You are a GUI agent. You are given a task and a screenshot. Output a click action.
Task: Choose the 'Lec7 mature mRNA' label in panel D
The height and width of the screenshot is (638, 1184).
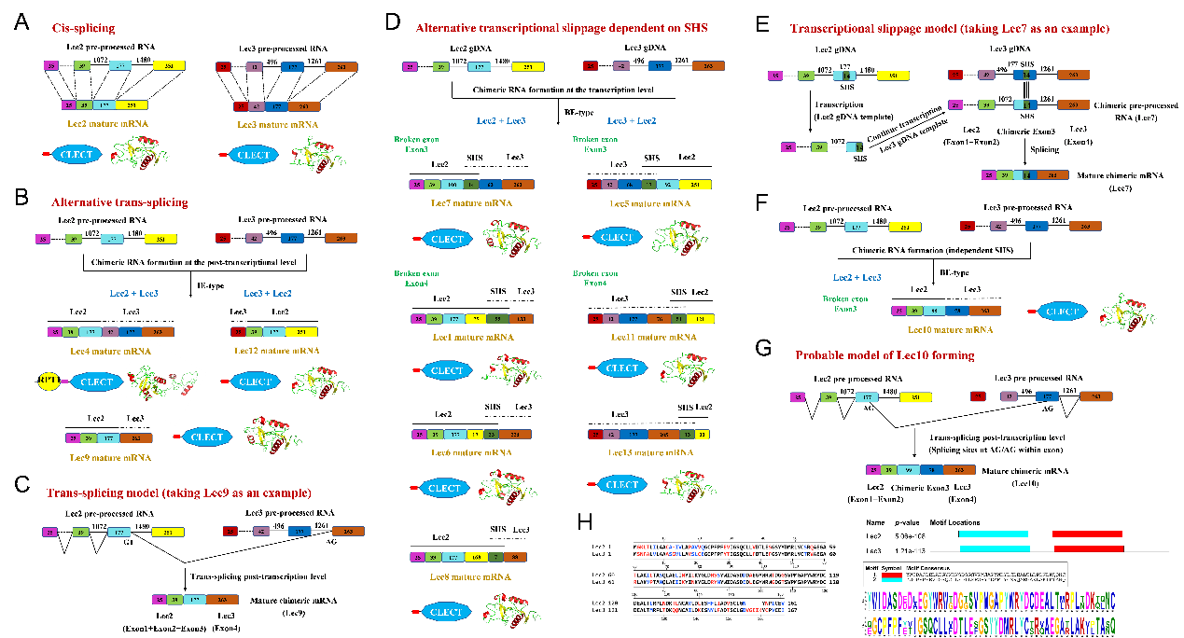[x=467, y=202]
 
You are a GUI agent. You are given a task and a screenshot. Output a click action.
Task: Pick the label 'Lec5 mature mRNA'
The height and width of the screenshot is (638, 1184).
[x=645, y=202]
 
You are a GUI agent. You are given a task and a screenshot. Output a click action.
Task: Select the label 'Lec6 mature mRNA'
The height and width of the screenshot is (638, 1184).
[x=467, y=451]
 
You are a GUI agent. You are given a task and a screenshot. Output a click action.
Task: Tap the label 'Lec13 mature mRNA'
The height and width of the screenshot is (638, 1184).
[x=645, y=451]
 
